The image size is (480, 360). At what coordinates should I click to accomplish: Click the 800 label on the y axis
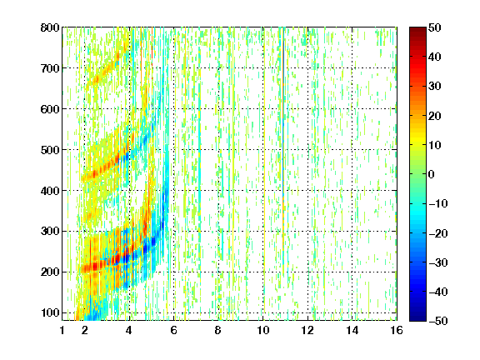point(50,27)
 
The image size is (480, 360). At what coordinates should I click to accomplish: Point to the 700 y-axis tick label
point(50,68)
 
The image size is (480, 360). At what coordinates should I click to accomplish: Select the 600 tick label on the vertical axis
point(50,109)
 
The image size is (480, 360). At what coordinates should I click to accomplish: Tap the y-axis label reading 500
point(50,150)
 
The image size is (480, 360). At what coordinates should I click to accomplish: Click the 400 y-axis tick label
point(50,191)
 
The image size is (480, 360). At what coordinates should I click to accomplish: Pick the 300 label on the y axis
point(50,231)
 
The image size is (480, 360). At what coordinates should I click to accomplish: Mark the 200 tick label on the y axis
point(50,272)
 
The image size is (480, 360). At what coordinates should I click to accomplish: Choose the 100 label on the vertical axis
point(50,312)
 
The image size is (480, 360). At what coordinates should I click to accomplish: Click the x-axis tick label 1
point(62,330)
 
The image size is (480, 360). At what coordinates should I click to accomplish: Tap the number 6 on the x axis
point(174,330)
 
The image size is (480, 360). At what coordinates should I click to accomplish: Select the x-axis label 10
point(263,330)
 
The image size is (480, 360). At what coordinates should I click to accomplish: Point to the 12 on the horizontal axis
point(307,330)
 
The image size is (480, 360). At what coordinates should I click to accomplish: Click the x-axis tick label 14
point(352,330)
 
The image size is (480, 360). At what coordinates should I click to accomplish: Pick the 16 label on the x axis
point(397,330)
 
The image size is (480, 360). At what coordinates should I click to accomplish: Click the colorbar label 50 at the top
point(435,27)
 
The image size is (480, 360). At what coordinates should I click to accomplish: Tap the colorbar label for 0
point(432,174)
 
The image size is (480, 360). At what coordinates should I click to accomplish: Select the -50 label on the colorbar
point(438,321)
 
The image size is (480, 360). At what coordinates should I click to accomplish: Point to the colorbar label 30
point(435,87)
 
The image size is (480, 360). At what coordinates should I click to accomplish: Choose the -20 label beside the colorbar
point(438,233)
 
